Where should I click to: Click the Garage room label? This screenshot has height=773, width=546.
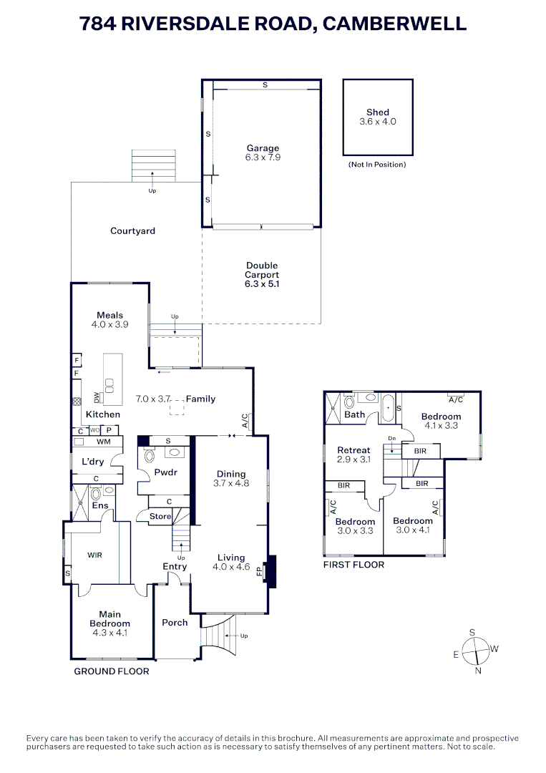(x=263, y=149)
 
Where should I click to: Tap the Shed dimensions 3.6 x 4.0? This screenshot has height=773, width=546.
(x=377, y=122)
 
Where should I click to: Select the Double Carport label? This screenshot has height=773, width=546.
(x=262, y=271)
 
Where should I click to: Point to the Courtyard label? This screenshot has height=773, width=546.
(x=132, y=231)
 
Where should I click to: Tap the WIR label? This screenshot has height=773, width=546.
(x=95, y=555)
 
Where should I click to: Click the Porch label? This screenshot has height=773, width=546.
(x=175, y=623)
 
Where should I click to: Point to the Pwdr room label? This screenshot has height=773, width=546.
(x=165, y=472)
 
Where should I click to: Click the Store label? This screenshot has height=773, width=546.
(x=160, y=516)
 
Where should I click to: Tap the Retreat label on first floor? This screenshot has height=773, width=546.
(x=354, y=450)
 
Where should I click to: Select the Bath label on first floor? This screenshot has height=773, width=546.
(x=354, y=414)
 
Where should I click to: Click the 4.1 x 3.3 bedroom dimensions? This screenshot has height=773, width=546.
(x=441, y=425)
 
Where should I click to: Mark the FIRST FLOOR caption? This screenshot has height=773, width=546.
(x=354, y=565)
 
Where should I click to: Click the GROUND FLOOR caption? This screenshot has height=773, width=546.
(x=112, y=671)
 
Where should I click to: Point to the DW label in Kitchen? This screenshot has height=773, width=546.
(x=97, y=397)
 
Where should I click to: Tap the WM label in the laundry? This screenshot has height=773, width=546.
(x=93, y=442)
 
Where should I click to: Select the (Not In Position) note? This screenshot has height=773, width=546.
(x=377, y=165)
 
